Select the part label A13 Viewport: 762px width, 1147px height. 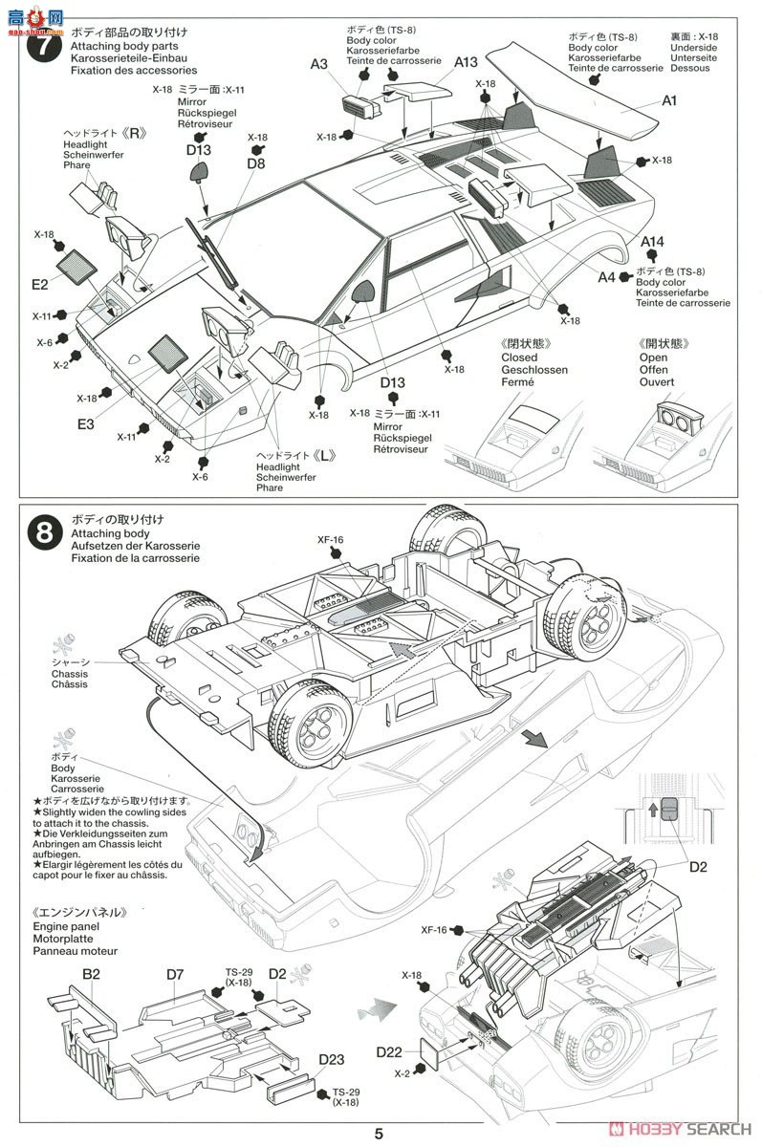[x=465, y=62]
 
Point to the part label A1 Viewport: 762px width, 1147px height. [x=669, y=99]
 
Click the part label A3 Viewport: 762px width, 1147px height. [x=318, y=64]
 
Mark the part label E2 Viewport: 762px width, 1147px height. [x=39, y=284]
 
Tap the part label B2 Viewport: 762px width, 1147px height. [x=91, y=974]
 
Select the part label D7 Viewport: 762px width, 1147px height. [x=174, y=974]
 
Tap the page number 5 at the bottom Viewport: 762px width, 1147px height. [x=380, y=1135]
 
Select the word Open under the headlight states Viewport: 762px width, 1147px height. [x=656, y=357]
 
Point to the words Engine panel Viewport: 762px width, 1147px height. [x=66, y=927]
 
